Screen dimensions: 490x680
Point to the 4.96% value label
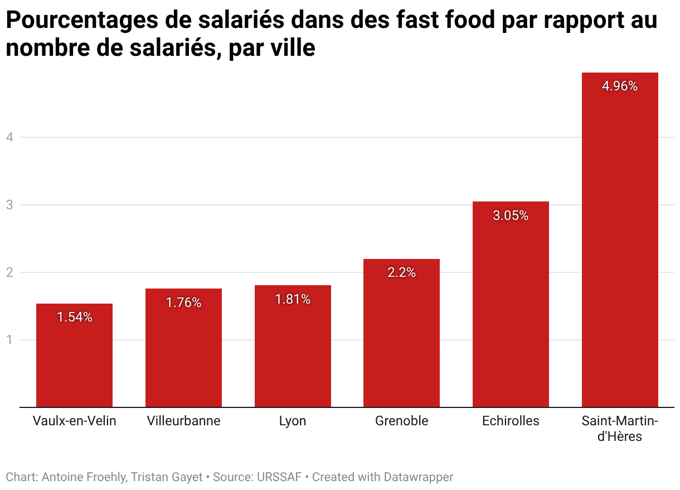click(620, 87)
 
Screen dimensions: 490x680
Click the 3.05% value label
click(511, 215)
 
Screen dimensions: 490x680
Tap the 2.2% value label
click(401, 273)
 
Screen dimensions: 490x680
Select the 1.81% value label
click(293, 299)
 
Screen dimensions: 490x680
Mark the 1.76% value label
click(183, 302)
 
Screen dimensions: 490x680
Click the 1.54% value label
click(74, 318)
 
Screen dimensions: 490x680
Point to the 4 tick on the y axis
click(9, 137)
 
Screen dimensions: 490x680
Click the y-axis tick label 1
click(9, 340)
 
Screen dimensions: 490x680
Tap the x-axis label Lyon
click(293, 421)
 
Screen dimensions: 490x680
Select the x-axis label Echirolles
click(511, 421)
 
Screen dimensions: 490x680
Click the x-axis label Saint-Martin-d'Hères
click(620, 428)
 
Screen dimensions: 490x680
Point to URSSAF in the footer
click(279, 477)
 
